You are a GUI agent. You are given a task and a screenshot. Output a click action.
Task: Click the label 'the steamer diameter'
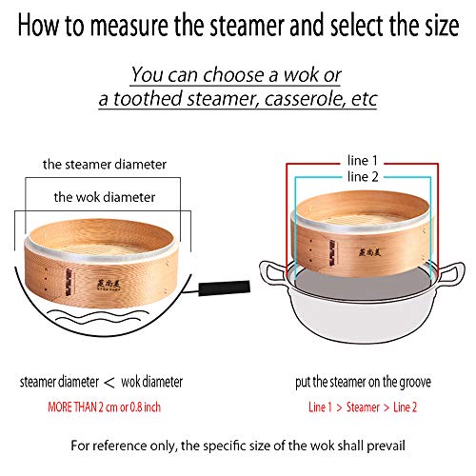click(105, 164)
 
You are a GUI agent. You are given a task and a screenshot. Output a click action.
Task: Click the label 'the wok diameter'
click(106, 197)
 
